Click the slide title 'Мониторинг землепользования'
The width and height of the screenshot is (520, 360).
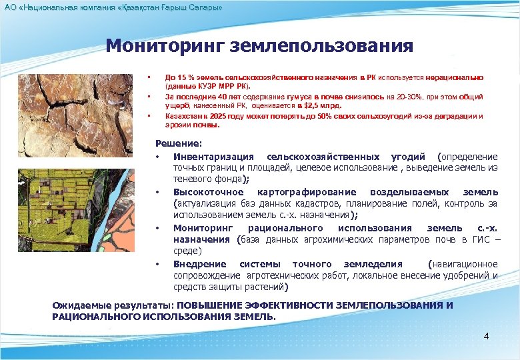(x=259, y=46)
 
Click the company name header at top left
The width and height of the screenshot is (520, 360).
(x=113, y=7)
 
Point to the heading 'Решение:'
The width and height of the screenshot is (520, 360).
(x=178, y=143)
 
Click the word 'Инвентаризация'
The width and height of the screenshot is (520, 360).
(x=213, y=157)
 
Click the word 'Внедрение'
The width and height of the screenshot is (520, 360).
(x=199, y=263)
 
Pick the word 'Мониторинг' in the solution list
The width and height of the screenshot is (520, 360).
(x=201, y=228)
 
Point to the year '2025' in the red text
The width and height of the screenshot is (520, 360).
(x=205, y=115)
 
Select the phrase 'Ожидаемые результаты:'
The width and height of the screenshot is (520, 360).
(x=113, y=305)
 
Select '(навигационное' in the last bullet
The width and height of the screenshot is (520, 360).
(x=464, y=263)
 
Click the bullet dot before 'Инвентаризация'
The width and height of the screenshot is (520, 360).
(x=157, y=157)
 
